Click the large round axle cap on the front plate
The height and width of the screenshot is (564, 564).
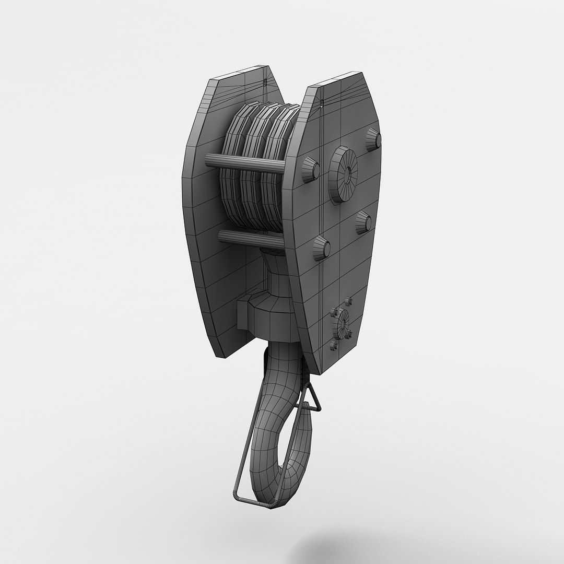coord(344,174)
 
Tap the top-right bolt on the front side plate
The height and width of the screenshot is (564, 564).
coord(373,140)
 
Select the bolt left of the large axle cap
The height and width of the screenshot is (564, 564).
coord(310,169)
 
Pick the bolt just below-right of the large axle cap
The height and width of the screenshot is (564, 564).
coord(364,223)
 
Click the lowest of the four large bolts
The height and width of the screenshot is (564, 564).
coord(322,248)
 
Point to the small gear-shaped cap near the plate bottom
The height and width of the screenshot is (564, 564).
coord(342,325)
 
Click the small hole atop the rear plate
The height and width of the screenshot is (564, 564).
coord(265,81)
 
